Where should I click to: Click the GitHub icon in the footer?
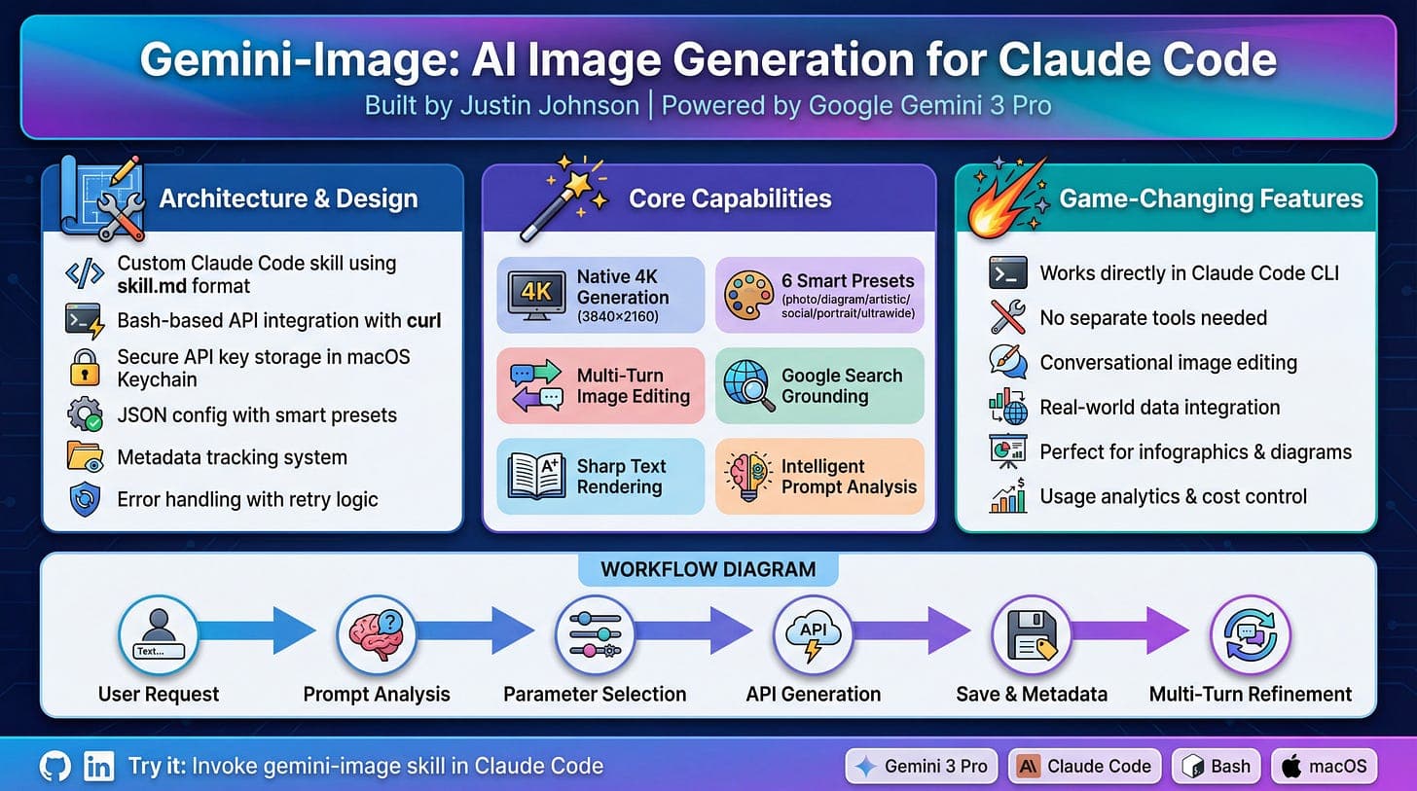point(55,766)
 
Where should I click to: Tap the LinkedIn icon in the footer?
point(99,766)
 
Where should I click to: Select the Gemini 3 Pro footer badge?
point(921,766)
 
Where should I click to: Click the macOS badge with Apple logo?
point(1325,766)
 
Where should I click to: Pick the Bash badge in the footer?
point(1217,766)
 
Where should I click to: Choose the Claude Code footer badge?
point(1085,766)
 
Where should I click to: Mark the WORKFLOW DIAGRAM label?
point(708,569)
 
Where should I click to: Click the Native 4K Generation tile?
point(600,295)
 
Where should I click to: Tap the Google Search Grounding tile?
point(819,385)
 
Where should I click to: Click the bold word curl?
point(419,320)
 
